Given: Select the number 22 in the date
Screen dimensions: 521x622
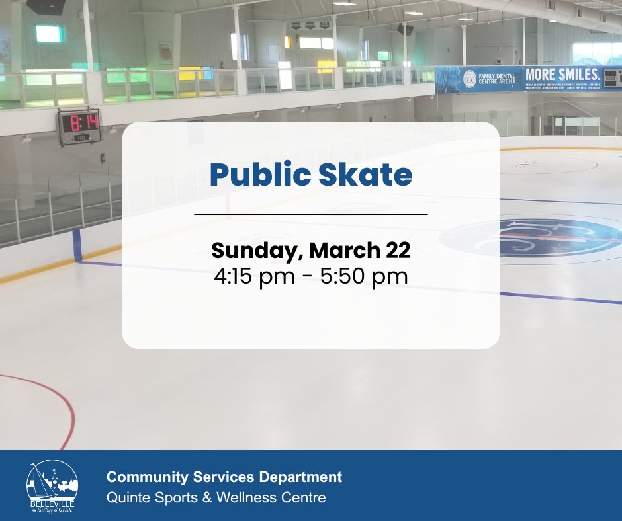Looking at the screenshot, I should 396,251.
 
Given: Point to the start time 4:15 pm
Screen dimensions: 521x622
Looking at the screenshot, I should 254,276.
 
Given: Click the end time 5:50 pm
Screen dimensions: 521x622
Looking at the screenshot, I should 365,276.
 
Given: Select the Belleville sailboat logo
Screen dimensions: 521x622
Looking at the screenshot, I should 52,486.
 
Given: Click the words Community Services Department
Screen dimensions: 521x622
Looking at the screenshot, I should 224,477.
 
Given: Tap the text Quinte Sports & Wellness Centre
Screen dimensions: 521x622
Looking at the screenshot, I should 216,497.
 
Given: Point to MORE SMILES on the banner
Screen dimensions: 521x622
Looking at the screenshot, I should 562,74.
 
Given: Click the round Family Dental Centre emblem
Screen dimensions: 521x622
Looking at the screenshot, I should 469,77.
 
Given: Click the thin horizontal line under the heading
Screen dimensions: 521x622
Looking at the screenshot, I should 310,215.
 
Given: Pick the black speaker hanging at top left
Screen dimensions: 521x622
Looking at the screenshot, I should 46,7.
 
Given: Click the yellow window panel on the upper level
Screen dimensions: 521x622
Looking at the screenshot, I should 326,67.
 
